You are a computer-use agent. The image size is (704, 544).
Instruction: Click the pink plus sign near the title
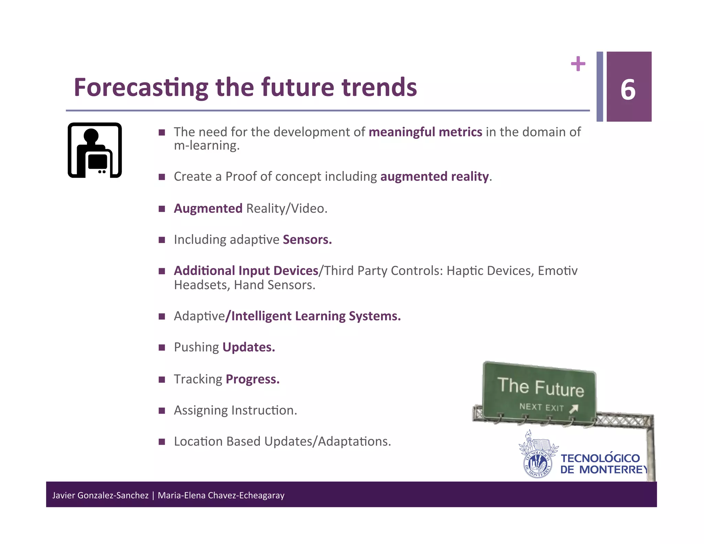point(578,64)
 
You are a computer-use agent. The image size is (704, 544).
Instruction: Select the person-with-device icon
point(95,150)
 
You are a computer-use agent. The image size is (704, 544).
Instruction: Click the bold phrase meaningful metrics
point(425,132)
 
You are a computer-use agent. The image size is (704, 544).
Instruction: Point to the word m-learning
point(206,146)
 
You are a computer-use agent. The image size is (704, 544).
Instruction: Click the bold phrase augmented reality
point(434,176)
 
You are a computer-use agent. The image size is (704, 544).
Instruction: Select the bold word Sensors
point(307,240)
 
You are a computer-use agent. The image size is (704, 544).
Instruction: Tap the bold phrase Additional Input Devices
point(246,271)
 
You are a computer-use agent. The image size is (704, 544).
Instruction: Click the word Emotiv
point(558,271)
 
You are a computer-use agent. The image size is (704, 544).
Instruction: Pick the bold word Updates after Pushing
point(249,347)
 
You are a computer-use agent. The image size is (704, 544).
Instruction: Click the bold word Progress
point(252,379)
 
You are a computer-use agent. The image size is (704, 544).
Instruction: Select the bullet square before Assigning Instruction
point(162,411)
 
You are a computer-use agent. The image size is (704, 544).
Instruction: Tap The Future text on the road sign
point(540,387)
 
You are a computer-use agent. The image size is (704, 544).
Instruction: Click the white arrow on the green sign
point(573,409)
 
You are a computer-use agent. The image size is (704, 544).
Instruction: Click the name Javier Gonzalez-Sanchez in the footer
point(100,496)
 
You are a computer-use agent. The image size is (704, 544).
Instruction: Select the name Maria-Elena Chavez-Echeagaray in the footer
point(221,496)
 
